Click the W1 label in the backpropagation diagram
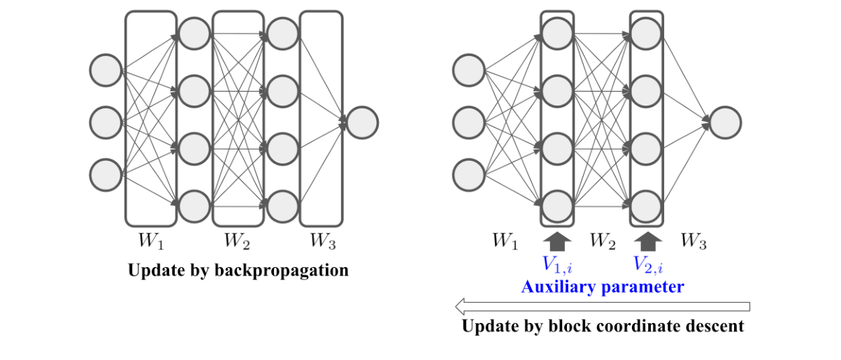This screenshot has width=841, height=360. (x=150, y=242)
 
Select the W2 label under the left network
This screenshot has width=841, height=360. (x=237, y=242)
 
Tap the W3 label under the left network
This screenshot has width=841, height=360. (x=324, y=242)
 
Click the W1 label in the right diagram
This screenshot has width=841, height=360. (x=505, y=242)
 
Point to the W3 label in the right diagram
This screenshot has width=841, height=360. (x=693, y=242)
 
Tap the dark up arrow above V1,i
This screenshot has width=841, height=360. (x=557, y=241)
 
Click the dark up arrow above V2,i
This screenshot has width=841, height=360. (x=648, y=241)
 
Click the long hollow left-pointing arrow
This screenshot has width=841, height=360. (x=602, y=306)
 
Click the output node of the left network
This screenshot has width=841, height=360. (x=362, y=122)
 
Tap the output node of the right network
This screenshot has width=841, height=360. (x=725, y=122)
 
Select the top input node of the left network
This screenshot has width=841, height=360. (x=106, y=71)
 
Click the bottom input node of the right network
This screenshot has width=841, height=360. (x=468, y=174)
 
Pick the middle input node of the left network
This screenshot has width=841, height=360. (x=106, y=122)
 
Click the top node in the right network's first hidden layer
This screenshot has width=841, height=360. (x=557, y=31)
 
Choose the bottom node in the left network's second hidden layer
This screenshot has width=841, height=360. (x=282, y=206)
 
